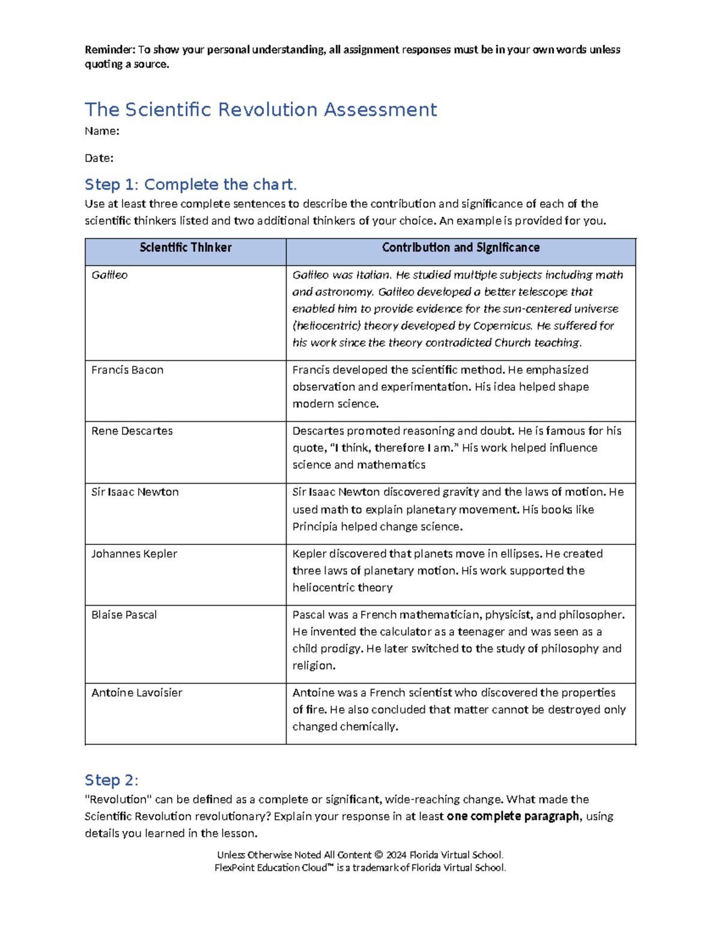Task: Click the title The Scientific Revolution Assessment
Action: pyautogui.click(x=261, y=110)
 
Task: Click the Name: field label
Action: pyautogui.click(x=102, y=131)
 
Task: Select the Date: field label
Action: pyautogui.click(x=99, y=158)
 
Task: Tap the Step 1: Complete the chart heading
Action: pyautogui.click(x=190, y=184)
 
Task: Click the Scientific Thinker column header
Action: pyautogui.click(x=185, y=248)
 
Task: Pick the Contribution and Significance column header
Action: pyautogui.click(x=461, y=248)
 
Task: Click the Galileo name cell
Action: pyautogui.click(x=109, y=275)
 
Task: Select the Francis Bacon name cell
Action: pyautogui.click(x=127, y=370)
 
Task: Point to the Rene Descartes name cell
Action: pyautogui.click(x=132, y=431)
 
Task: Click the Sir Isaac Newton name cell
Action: pyautogui.click(x=135, y=492)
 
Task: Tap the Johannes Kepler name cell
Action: pyautogui.click(x=134, y=554)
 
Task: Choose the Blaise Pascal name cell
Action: pyautogui.click(x=124, y=615)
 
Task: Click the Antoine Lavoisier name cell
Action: pyautogui.click(x=136, y=693)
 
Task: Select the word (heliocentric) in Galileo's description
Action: pyautogui.click(x=327, y=326)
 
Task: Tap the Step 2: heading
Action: pyautogui.click(x=111, y=780)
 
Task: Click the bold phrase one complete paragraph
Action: pyautogui.click(x=513, y=816)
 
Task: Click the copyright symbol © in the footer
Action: pyautogui.click(x=378, y=855)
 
